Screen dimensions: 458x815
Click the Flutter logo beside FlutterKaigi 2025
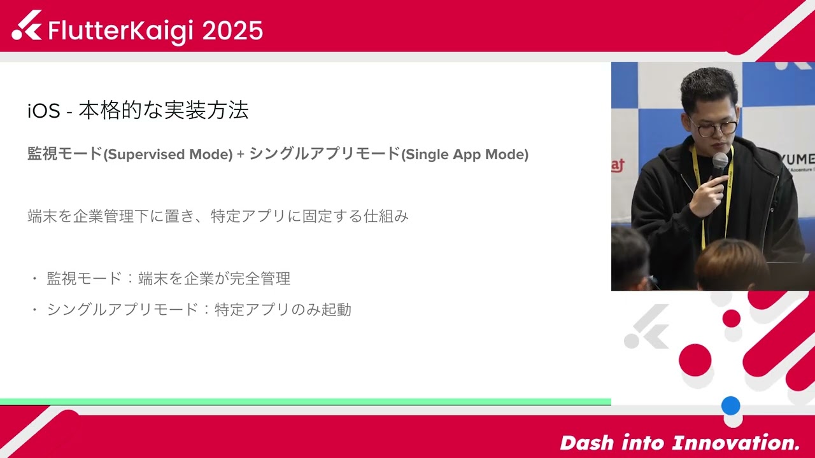pyautogui.click(x=27, y=26)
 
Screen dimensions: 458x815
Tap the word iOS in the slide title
pyautogui.click(x=43, y=111)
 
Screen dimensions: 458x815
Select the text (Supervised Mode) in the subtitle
pyautogui.click(x=168, y=155)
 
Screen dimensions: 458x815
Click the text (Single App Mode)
pyautogui.click(x=465, y=155)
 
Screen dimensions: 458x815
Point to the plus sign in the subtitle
pyautogui.click(x=240, y=155)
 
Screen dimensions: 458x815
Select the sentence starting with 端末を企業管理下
pyautogui.click(x=218, y=216)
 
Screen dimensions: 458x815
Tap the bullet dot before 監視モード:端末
pyautogui.click(x=34, y=279)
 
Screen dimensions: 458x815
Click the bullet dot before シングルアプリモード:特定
pyautogui.click(x=34, y=310)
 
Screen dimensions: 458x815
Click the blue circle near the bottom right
pyautogui.click(x=730, y=405)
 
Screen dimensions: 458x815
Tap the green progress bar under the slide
pyautogui.click(x=306, y=401)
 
